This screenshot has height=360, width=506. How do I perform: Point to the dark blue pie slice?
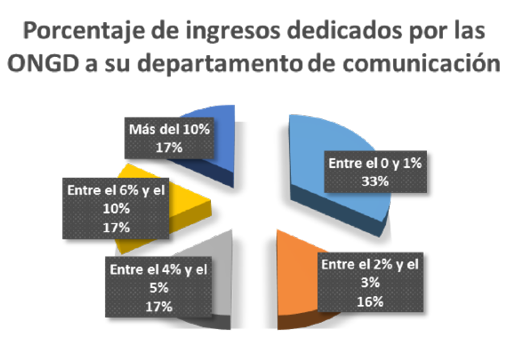coord(226,125)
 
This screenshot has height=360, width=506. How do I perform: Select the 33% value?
coord(376,182)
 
